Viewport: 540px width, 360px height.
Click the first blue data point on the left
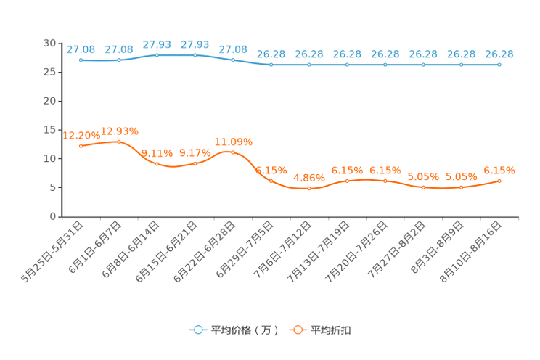tap(81, 60)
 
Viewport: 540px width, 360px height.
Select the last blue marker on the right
tap(499, 65)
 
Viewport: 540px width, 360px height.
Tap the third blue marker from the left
tap(157, 54)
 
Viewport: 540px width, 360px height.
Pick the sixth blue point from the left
tap(271, 65)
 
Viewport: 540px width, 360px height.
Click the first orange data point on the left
tap(81, 147)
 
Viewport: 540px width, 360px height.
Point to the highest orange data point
tap(119, 142)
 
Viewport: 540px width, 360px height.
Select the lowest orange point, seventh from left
tap(309, 189)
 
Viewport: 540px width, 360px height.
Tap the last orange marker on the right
tap(499, 181)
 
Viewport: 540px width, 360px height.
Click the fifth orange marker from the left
tap(233, 152)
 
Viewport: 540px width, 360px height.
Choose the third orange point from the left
tap(157, 163)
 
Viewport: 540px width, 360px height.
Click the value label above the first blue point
tap(81, 49)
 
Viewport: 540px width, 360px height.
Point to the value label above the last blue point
tap(499, 54)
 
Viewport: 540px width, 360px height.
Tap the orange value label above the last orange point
tap(499, 170)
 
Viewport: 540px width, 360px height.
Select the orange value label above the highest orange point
tap(119, 131)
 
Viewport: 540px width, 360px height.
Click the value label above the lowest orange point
tap(309, 177)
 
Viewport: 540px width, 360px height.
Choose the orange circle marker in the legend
tap(298, 330)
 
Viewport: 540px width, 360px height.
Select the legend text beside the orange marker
tap(332, 330)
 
